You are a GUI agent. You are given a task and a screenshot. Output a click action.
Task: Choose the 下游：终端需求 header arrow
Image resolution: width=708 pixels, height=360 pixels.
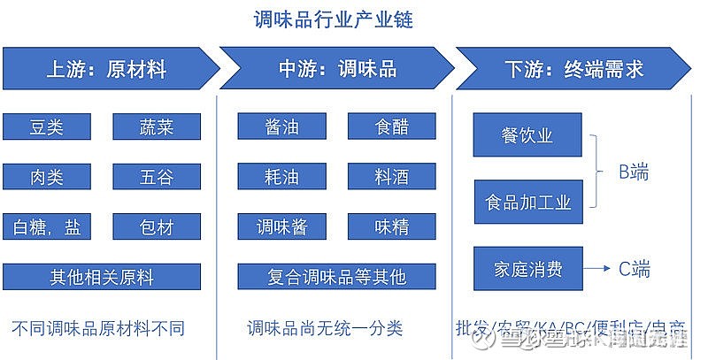(x=573, y=69)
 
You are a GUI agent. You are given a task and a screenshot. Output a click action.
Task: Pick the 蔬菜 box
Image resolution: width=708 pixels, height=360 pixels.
(x=157, y=126)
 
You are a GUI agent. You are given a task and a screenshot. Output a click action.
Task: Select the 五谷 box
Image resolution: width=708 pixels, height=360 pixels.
(x=157, y=177)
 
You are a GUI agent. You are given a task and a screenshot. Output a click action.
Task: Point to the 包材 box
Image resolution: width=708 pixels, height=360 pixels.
(x=157, y=227)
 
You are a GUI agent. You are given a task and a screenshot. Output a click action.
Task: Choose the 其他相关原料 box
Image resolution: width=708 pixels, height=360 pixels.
(x=102, y=277)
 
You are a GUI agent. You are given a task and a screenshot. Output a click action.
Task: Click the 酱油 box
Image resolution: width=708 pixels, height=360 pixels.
(x=282, y=126)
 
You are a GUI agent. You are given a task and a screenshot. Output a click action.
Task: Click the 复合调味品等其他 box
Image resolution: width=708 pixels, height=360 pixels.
(x=337, y=277)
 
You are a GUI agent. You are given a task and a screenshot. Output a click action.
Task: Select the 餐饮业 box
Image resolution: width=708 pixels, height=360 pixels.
(x=527, y=134)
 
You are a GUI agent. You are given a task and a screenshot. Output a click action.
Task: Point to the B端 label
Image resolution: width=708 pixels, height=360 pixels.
(x=634, y=172)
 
